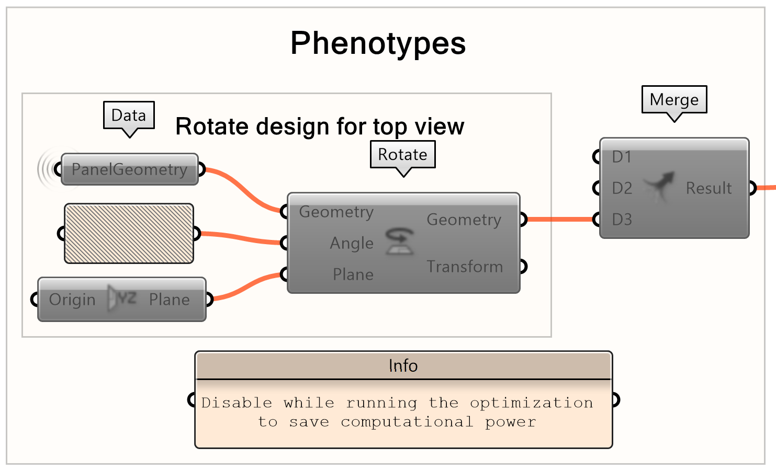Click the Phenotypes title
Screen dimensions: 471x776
[378, 43]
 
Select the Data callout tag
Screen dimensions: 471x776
[129, 115]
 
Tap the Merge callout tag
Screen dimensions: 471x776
[674, 99]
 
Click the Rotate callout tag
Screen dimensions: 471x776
[402, 154]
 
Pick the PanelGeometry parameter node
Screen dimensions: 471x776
[129, 169]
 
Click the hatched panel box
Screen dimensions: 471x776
[129, 233]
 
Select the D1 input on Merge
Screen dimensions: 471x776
[622, 157]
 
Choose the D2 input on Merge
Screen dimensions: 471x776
[622, 188]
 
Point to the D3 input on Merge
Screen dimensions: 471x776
[622, 220]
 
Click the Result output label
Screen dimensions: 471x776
[708, 188]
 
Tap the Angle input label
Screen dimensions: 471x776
[352, 243]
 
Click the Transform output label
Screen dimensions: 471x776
[464, 267]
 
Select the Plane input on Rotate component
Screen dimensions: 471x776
[353, 274]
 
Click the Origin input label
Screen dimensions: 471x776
[72, 300]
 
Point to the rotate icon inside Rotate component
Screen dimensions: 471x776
[399, 242]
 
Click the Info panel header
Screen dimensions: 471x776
[403, 365]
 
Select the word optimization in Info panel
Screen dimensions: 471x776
[531, 403]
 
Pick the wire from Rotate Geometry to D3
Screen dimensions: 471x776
[560, 220]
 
